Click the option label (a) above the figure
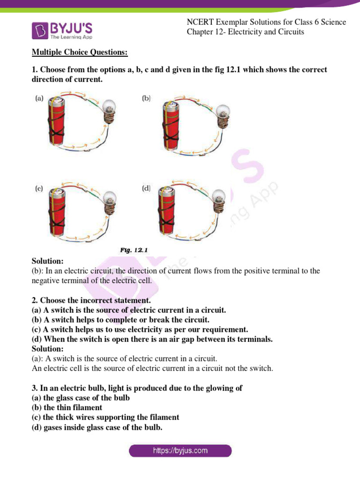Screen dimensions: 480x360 click(40, 98)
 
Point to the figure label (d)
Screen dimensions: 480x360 click(146, 188)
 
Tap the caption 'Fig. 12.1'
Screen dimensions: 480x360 click(134, 250)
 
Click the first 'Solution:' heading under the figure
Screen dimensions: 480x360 click(47, 261)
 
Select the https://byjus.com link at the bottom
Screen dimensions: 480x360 click(180, 451)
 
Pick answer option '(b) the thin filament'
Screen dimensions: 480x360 click(67, 407)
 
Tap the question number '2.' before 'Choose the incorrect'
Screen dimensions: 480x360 click(35, 300)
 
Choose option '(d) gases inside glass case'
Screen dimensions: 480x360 click(97, 427)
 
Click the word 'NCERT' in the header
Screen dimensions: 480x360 click(199, 22)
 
